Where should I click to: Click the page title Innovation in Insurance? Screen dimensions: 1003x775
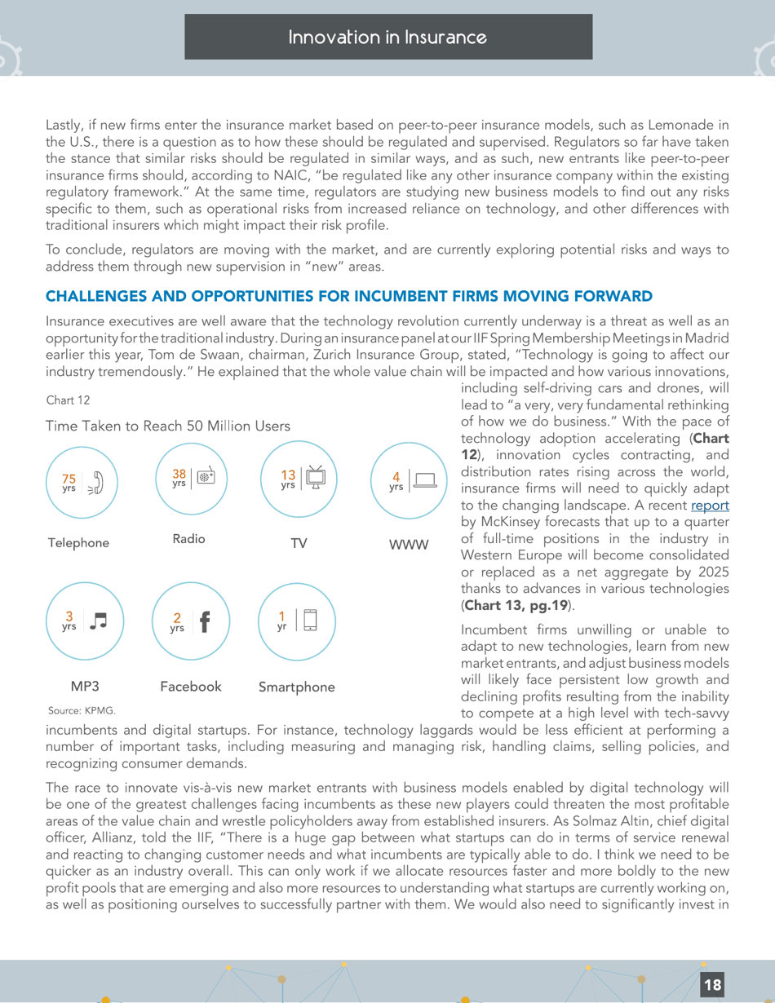pyautogui.click(x=388, y=38)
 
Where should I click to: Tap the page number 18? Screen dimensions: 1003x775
pyautogui.click(x=712, y=984)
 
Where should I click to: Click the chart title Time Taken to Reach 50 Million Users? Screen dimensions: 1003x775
pyautogui.click(x=167, y=426)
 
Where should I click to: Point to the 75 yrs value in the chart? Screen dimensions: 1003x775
pyautogui.click(x=69, y=483)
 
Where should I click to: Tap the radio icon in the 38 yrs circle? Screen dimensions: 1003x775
pyautogui.click(x=206, y=478)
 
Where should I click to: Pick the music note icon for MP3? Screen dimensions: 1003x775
pyautogui.click(x=98, y=621)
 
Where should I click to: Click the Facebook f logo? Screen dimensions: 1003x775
pyautogui.click(x=204, y=623)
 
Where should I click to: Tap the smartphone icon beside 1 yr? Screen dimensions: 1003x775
pyautogui.click(x=310, y=620)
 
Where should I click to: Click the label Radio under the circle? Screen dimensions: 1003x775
pyautogui.click(x=188, y=539)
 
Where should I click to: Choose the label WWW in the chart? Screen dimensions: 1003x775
pyautogui.click(x=408, y=544)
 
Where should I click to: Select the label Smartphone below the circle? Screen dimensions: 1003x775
pyautogui.click(x=296, y=687)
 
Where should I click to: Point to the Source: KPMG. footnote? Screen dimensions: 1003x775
pyautogui.click(x=82, y=710)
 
